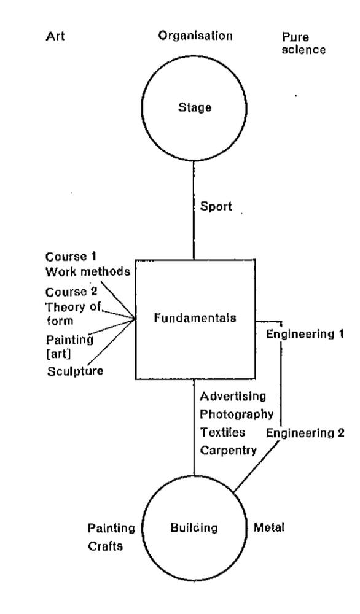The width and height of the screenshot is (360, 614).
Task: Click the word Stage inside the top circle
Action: pyautogui.click(x=195, y=107)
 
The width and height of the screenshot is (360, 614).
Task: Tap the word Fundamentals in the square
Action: pyautogui.click(x=195, y=317)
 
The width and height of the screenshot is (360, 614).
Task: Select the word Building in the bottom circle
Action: pyautogui.click(x=194, y=528)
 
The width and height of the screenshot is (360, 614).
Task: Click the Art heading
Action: pyautogui.click(x=55, y=36)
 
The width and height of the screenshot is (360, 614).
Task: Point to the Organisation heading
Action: pyautogui.click(x=195, y=36)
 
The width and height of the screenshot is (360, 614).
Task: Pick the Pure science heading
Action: pyautogui.click(x=303, y=44)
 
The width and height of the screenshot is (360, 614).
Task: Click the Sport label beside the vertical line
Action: pyautogui.click(x=216, y=206)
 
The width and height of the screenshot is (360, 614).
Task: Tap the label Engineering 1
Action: pyautogui.click(x=305, y=334)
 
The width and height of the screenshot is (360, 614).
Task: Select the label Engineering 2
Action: pyautogui.click(x=305, y=433)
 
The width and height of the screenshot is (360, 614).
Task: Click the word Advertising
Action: pyautogui.click(x=233, y=396)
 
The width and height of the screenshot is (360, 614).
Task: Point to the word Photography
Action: pyautogui.click(x=237, y=414)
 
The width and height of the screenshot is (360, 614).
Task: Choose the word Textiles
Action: pyautogui.click(x=222, y=432)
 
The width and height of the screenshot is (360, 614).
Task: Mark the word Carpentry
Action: pyautogui.click(x=229, y=450)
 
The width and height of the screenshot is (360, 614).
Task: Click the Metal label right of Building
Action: pyautogui.click(x=268, y=527)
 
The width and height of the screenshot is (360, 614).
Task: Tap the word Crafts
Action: pyautogui.click(x=105, y=546)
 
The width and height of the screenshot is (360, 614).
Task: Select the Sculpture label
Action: pyautogui.click(x=75, y=371)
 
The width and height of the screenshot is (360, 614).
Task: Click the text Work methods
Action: pyautogui.click(x=88, y=271)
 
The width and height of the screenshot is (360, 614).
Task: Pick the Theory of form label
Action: pyautogui.click(x=73, y=314)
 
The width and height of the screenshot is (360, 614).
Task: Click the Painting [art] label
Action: pyautogui.click(x=70, y=346)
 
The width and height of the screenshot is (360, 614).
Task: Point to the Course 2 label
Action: pyautogui.click(x=71, y=292)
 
